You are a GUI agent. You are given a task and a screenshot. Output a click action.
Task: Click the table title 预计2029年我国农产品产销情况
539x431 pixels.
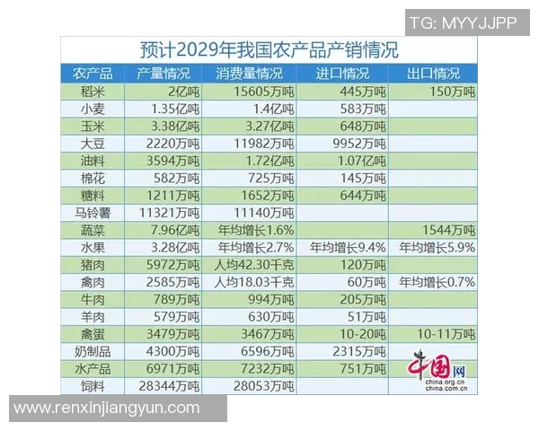pos(269,49)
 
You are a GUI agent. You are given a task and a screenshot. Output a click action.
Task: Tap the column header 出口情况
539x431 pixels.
pos(434,74)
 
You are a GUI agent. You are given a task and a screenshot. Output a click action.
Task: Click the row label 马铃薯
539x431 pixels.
pos(93,213)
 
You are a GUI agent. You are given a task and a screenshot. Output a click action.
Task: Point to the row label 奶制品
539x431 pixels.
pos(93,351)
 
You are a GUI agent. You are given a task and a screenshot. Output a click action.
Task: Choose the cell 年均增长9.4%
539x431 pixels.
pos(347,247)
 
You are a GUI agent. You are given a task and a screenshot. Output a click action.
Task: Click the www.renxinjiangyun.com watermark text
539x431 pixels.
pos(108,409)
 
